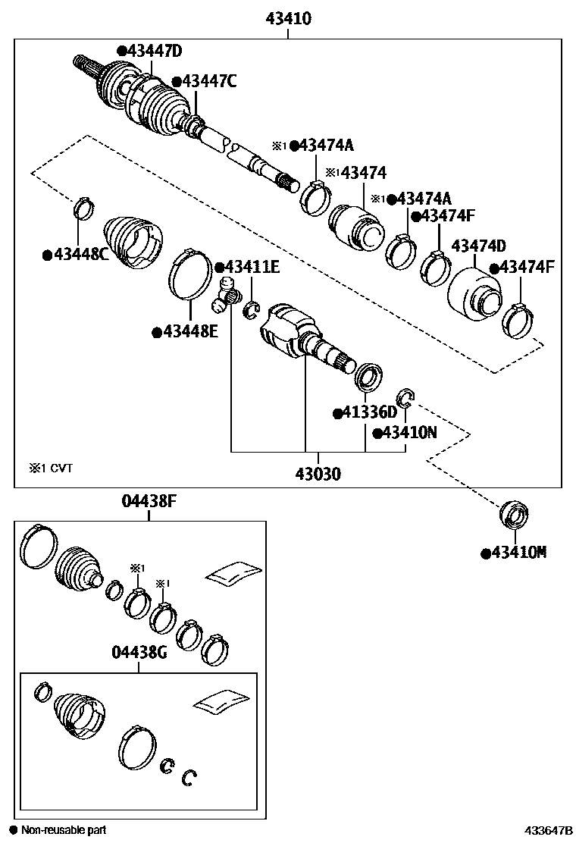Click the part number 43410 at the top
288,18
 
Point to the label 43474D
478,246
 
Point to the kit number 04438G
139,653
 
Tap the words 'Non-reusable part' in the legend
64,830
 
